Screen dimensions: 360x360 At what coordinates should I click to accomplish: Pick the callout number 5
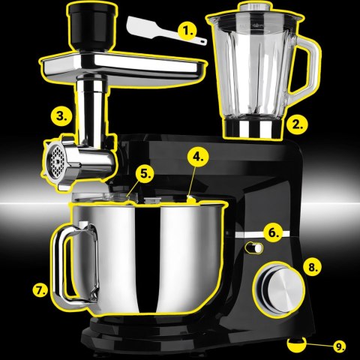(x=145, y=173)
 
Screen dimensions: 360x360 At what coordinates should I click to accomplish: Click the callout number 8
(x=313, y=265)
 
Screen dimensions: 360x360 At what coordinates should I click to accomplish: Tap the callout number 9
(x=340, y=346)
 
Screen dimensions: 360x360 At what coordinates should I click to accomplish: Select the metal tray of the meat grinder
(x=120, y=67)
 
